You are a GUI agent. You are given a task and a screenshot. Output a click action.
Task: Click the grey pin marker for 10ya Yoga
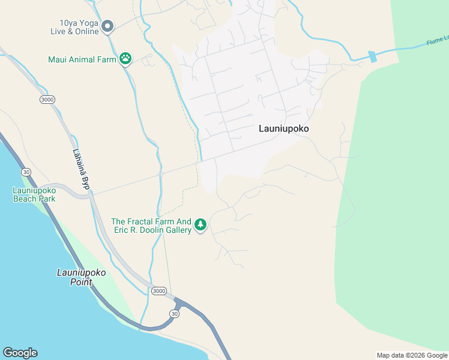[107, 26]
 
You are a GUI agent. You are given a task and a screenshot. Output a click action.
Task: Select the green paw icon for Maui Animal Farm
[125, 59]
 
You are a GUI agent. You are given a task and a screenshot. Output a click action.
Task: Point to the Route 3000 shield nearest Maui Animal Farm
[47, 99]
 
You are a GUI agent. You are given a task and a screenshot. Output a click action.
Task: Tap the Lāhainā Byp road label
[80, 170]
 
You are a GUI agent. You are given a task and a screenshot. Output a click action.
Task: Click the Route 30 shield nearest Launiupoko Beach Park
[26, 172]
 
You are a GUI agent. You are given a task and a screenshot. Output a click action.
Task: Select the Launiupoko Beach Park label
[34, 194]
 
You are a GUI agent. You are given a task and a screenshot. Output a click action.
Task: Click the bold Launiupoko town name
[287, 128]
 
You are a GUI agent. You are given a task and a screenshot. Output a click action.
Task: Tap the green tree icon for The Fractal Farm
[200, 225]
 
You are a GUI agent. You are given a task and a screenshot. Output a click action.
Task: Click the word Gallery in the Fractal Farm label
[176, 230]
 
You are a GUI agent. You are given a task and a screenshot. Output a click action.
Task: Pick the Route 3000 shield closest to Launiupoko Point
[158, 291]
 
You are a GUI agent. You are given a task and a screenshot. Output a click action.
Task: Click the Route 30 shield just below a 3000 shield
[174, 313]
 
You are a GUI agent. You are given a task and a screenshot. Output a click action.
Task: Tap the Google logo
[20, 353]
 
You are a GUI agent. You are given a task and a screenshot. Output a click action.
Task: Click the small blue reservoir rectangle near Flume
[372, 57]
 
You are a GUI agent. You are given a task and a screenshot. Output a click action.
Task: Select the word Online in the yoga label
[85, 31]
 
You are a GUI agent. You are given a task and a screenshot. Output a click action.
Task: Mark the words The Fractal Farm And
[151, 221]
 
